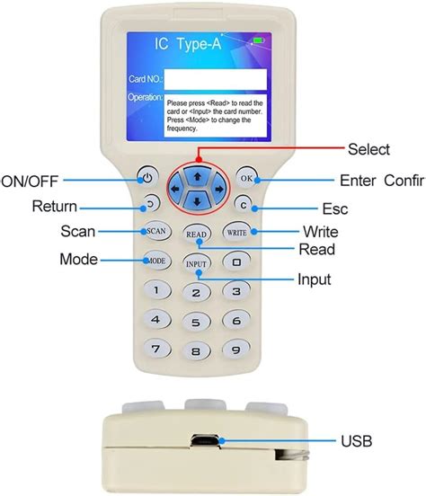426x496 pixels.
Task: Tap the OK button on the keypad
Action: pos(247,178)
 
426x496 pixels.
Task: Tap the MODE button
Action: pos(155,261)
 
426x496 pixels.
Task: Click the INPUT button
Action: pos(196,264)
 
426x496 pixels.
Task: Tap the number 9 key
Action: pos(236,348)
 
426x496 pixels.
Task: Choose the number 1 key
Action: pos(157,290)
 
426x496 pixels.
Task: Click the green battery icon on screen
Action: pos(261,40)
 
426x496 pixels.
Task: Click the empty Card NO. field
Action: pos(216,79)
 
